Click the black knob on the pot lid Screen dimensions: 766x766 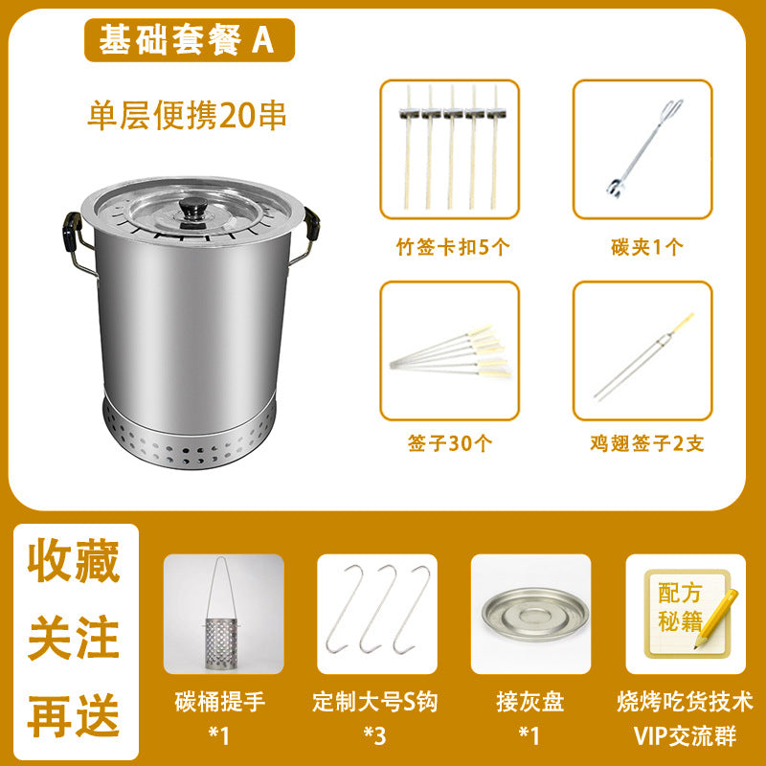pyautogui.click(x=192, y=208)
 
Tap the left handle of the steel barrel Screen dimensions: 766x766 pyautogui.click(x=75, y=240)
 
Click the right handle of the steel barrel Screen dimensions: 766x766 pyautogui.click(x=308, y=234)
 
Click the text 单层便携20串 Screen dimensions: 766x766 pyautogui.click(x=187, y=116)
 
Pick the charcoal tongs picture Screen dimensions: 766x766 pyautogui.click(x=644, y=149)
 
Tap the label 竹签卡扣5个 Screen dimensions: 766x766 pyautogui.click(x=452, y=247)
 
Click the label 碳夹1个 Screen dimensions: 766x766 pyautogui.click(x=647, y=247)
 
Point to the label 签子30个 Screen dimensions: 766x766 pyautogui.click(x=450, y=443)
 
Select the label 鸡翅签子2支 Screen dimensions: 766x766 pyautogui.click(x=647, y=443)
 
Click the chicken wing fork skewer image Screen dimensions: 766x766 pyautogui.click(x=643, y=356)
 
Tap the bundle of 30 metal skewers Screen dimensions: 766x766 pyautogui.click(x=450, y=350)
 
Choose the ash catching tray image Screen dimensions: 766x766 pyautogui.click(x=533, y=614)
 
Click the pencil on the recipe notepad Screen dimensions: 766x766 pyautogui.click(x=716, y=619)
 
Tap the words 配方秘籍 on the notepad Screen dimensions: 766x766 pyautogui.click(x=680, y=607)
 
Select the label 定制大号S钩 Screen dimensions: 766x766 pyautogui.click(x=374, y=702)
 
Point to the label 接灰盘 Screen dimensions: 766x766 pyautogui.click(x=530, y=702)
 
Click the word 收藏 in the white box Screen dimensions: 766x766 pyautogui.click(x=74, y=560)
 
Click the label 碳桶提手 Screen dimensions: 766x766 pyautogui.click(x=220, y=702)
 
